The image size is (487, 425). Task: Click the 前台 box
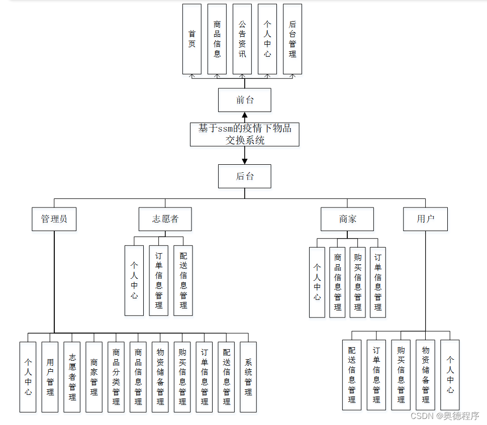(245, 100)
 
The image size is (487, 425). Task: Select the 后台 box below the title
(245, 176)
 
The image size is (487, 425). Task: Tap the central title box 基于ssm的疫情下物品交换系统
(245, 134)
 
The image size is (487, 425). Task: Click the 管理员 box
(54, 219)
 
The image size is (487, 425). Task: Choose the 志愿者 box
(165, 219)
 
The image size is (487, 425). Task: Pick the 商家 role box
(347, 219)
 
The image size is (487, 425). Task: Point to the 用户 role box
(425, 219)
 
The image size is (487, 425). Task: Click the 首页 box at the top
(192, 39)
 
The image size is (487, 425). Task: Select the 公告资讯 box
(242, 39)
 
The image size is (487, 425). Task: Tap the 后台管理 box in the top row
(293, 39)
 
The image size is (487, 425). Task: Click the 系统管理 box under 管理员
(248, 377)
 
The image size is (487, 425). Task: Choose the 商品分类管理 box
(116, 377)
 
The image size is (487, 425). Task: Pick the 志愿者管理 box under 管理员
(72, 377)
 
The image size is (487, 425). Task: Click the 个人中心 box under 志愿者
(134, 280)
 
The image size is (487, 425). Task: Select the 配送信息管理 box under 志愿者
(183, 280)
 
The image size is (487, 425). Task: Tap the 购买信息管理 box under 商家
(357, 282)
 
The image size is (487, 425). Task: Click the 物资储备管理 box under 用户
(425, 374)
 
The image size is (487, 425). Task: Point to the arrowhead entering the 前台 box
(245, 115)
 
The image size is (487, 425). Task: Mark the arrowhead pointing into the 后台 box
(245, 161)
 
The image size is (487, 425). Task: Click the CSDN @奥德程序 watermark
(445, 416)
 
